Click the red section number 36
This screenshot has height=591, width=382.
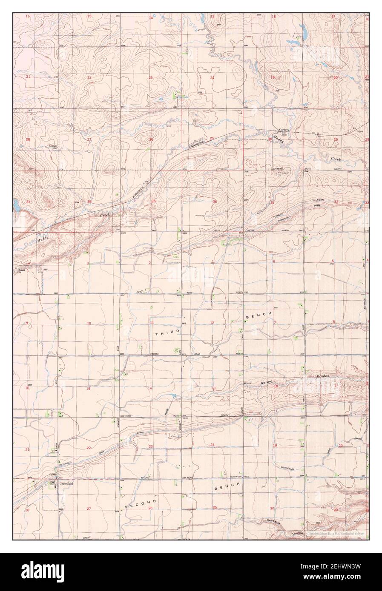pyautogui.click(x=215, y=202)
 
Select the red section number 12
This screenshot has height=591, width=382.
pyautogui.click(x=212, y=323)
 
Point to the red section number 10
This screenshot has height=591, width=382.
pyautogui.click(x=89, y=324)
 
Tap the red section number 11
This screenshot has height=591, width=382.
pyautogui.click(x=151, y=323)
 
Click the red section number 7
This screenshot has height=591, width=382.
pyautogui.click(x=275, y=323)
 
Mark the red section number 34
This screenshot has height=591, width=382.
pyautogui.click(x=89, y=202)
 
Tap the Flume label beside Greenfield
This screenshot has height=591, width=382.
pyautogui.click(x=53, y=477)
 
